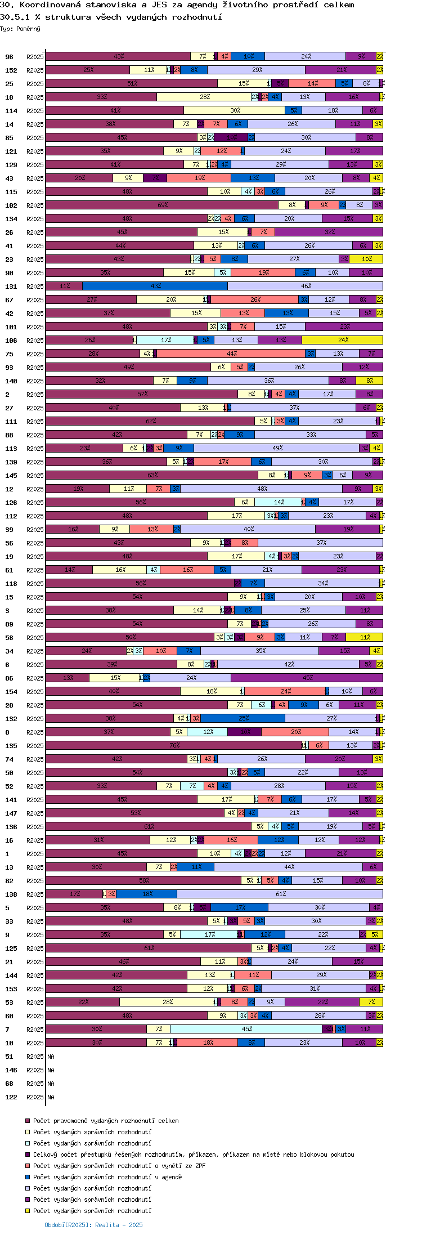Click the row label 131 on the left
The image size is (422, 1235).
tap(11, 287)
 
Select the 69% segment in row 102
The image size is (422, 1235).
tap(162, 205)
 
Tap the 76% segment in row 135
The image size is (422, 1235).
tap(174, 745)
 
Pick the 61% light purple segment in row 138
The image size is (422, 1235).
tap(280, 894)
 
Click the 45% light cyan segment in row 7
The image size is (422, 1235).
tap(246, 1029)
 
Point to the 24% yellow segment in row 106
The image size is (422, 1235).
tap(343, 340)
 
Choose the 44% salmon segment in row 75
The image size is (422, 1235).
tap(231, 354)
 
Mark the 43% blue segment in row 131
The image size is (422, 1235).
tap(155, 286)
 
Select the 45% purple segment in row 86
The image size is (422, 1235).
tap(307, 678)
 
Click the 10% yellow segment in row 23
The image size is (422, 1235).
tap(366, 259)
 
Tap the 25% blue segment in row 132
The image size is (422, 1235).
tap(243, 718)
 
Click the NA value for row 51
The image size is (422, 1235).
tap(51, 1057)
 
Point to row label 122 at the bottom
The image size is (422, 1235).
tap(11, 1097)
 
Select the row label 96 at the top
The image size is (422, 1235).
tap(9, 57)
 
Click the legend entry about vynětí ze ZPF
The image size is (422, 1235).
tap(119, 1166)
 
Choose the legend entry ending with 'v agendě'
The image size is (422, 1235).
tap(107, 1177)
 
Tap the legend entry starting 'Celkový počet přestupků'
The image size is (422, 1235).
tap(194, 1155)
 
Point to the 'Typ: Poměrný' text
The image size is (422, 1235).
tap(20, 29)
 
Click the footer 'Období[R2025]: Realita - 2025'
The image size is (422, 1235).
tap(93, 1225)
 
